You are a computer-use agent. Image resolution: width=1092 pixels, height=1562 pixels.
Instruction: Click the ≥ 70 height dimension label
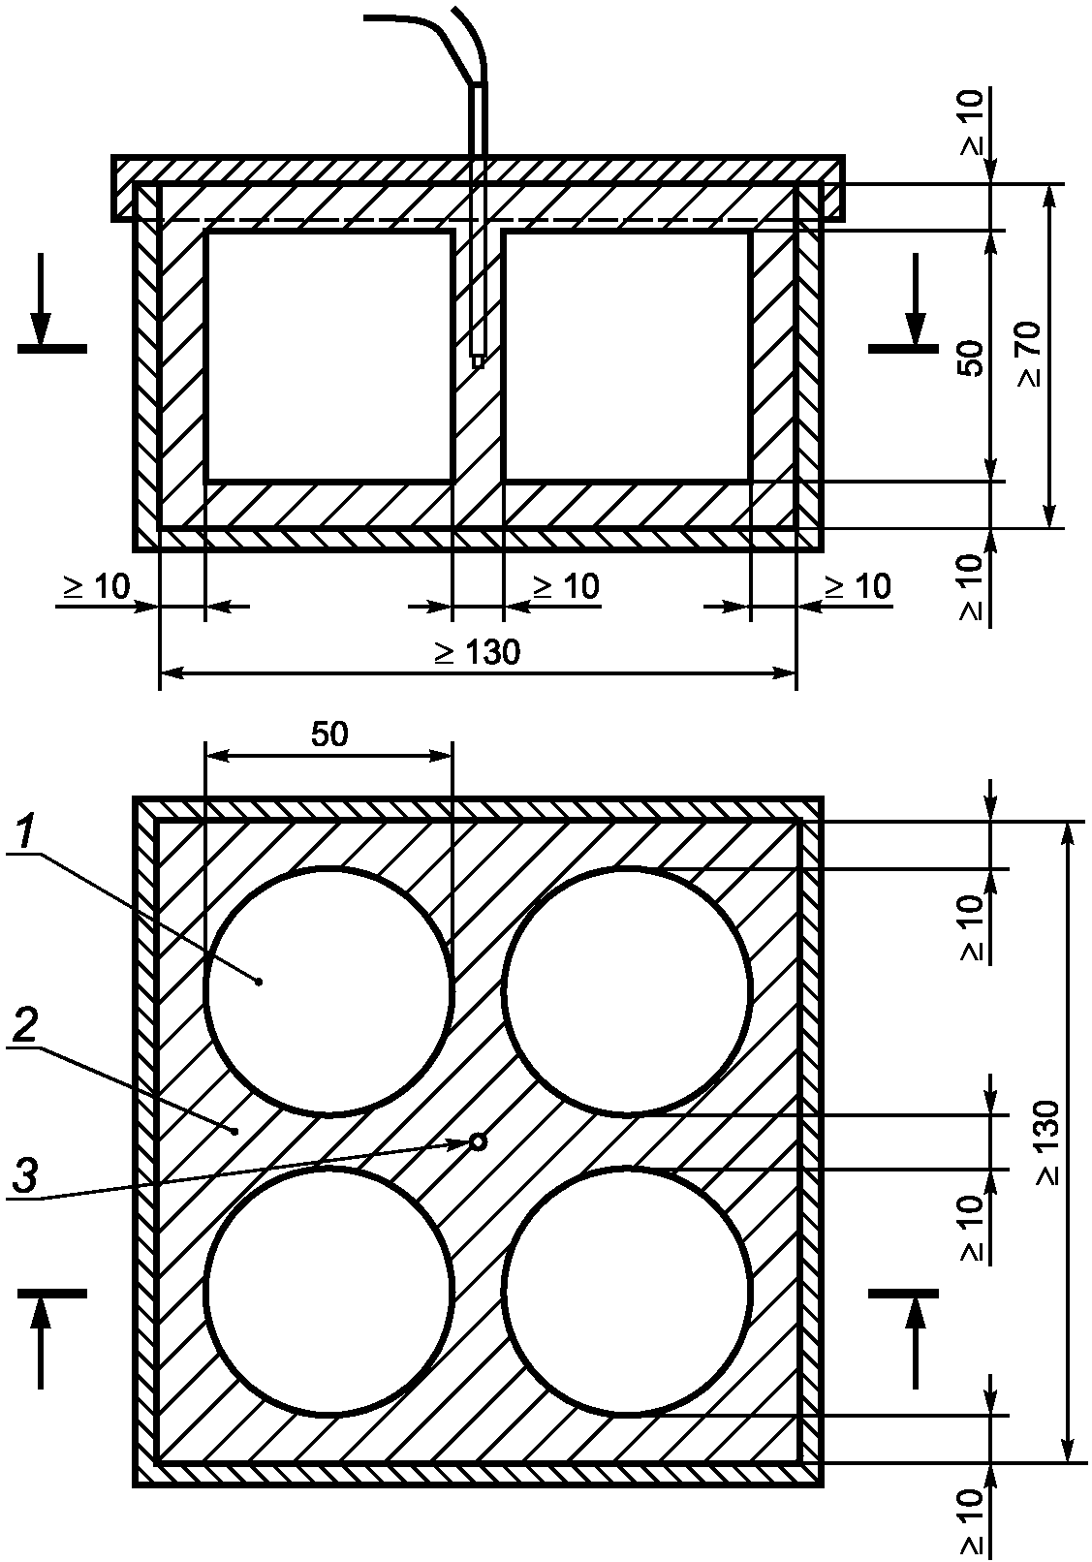pyautogui.click(x=1031, y=355)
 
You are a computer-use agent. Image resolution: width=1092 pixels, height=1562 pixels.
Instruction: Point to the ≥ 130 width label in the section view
pyautogui.click(x=478, y=653)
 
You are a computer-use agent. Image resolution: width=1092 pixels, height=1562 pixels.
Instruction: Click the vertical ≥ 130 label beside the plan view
pyautogui.click(x=1049, y=1143)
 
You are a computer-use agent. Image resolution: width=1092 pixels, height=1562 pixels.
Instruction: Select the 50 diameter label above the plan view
pyautogui.click(x=329, y=734)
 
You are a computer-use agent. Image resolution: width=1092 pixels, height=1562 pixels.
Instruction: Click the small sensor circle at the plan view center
pyautogui.click(x=478, y=1141)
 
